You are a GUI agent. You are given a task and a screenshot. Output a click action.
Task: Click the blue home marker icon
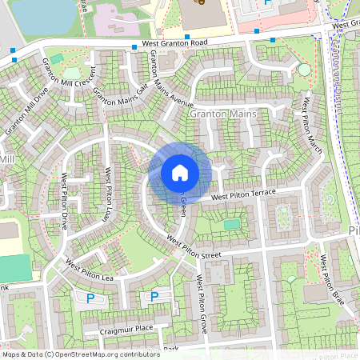click(x=180, y=173)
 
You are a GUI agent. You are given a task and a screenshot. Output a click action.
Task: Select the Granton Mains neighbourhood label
click(x=223, y=114)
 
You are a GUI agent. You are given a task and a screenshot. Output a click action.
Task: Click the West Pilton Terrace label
click(x=243, y=195)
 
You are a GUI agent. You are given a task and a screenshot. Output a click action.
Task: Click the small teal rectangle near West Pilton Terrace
click(x=231, y=225)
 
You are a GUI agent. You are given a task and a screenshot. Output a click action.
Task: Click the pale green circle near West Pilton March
click(x=304, y=70)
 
